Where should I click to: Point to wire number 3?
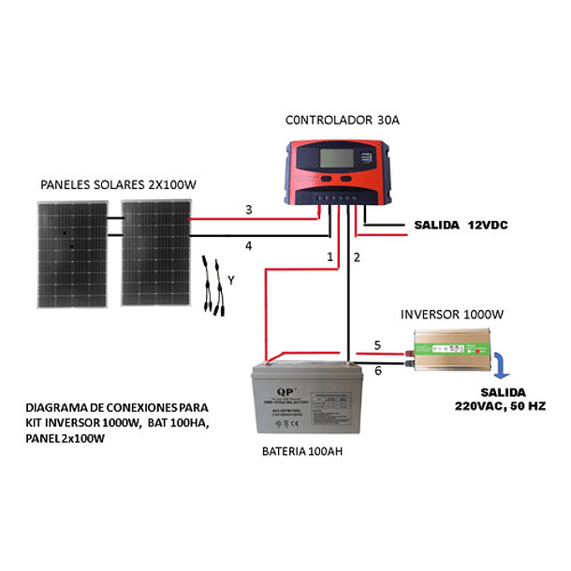tap(248, 210)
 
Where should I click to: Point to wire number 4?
tap(248, 246)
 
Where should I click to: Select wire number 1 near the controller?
tap(329, 256)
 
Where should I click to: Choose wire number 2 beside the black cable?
tap(357, 256)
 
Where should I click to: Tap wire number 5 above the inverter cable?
tap(377, 345)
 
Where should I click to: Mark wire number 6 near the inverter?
tap(377, 372)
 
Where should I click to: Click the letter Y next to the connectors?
tap(231, 279)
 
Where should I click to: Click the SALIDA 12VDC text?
tap(461, 226)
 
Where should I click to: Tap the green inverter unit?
tap(453, 350)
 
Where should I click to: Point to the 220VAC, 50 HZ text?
tap(501, 406)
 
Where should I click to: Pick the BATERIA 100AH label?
tap(303, 450)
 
